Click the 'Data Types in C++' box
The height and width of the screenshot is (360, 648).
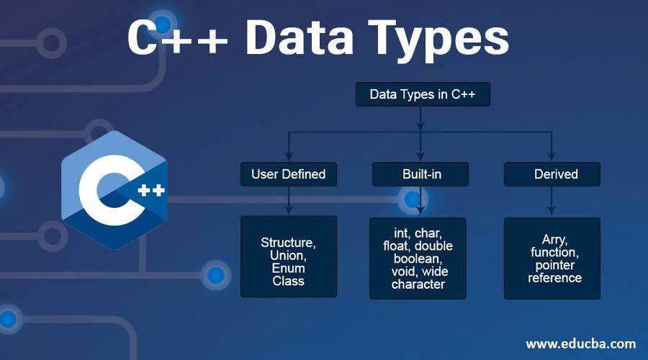click(423, 94)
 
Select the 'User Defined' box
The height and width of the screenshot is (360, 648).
click(288, 174)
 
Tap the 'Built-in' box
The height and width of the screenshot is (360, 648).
click(420, 174)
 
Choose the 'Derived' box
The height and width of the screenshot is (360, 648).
click(552, 174)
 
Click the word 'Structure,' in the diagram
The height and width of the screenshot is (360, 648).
click(288, 243)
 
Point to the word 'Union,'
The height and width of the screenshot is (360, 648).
click(288, 256)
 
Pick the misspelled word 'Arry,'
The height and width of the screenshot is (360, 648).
click(552, 240)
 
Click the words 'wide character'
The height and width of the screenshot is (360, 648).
click(418, 278)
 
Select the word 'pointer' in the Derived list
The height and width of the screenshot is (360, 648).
click(552, 265)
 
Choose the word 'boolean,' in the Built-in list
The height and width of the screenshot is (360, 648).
click(418, 258)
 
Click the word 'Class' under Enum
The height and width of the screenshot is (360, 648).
click(288, 281)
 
